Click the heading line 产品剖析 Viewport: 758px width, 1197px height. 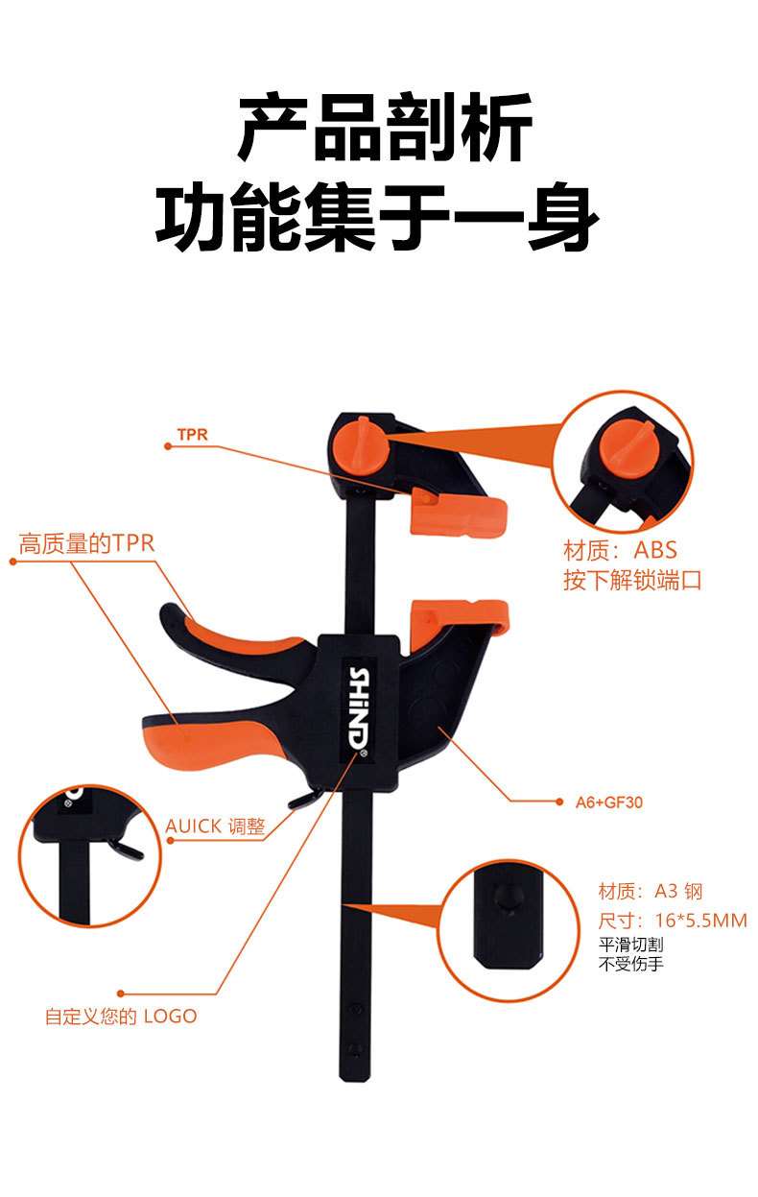click(x=385, y=129)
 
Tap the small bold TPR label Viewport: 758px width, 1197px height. click(x=192, y=435)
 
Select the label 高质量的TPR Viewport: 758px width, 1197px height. click(x=87, y=543)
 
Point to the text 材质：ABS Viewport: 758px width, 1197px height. click(x=620, y=550)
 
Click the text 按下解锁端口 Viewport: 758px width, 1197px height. click(x=632, y=581)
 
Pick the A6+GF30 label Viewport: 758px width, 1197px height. click(x=602, y=802)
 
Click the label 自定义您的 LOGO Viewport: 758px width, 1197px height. click(x=121, y=1016)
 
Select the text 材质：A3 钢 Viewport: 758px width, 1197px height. click(x=651, y=891)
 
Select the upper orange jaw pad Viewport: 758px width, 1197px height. click(x=459, y=515)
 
